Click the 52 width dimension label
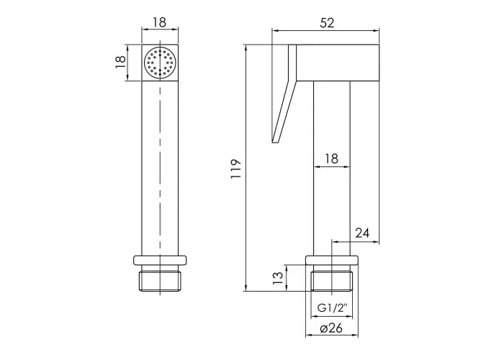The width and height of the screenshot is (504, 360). coord(327,23)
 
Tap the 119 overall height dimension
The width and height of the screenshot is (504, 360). coord(236,169)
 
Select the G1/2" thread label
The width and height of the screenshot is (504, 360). coord(333,309)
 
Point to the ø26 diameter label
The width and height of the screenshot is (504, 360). coord(331,328)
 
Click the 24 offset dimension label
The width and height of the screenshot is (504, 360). coord(362,233)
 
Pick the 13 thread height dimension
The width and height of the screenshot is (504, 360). coord(279,278)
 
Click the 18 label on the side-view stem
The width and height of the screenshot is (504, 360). coord(331,159)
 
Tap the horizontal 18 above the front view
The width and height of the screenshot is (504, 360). coord(159,22)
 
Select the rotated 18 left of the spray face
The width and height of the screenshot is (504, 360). coord(120,62)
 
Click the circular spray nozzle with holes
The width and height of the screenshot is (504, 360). coord(160,63)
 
